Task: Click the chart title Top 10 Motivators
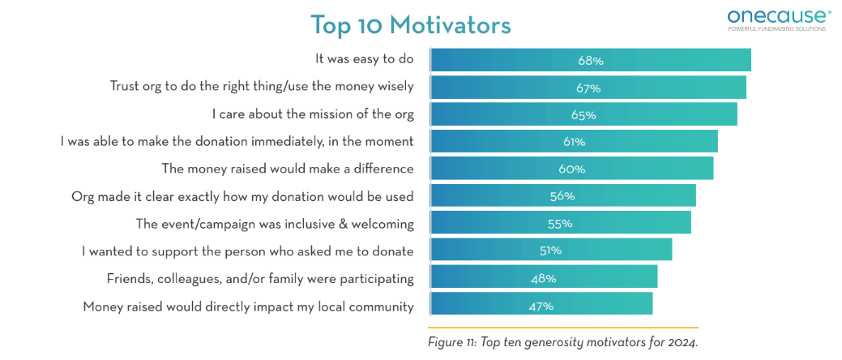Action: click(x=410, y=25)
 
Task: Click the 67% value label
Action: click(x=589, y=88)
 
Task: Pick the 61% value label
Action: click(x=574, y=142)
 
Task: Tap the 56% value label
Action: click(x=562, y=196)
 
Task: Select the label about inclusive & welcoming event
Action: click(x=275, y=224)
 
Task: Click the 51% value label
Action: click(x=550, y=251)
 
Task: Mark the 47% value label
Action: click(x=541, y=306)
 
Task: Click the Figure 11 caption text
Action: click(x=562, y=342)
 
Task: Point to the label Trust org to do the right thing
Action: click(x=262, y=86)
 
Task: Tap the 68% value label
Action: click(x=590, y=61)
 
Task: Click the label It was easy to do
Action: click(x=364, y=59)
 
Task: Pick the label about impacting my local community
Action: click(x=248, y=306)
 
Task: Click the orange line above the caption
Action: click(x=562, y=326)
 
